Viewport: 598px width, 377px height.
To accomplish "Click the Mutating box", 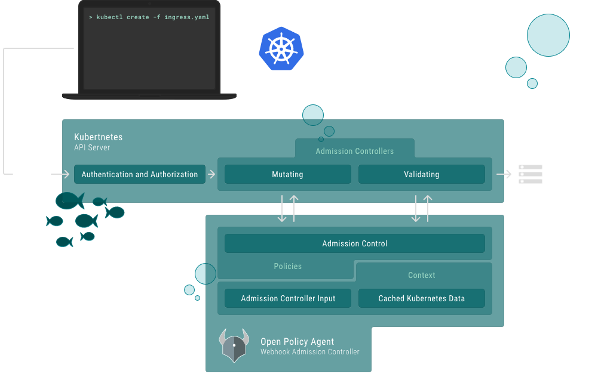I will pyautogui.click(x=287, y=174).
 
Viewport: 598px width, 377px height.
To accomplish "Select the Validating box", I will pyautogui.click(x=421, y=174).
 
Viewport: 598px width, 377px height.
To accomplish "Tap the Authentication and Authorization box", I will pyautogui.click(x=139, y=174).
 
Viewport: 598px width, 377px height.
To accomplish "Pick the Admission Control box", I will pyautogui.click(x=354, y=243).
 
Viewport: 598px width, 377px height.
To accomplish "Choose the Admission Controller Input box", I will pyautogui.click(x=287, y=298).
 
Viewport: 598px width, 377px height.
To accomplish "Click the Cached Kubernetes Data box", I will pyautogui.click(x=421, y=298).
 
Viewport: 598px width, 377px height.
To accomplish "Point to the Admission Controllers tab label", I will pyautogui.click(x=354, y=151).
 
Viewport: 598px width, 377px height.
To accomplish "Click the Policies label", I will pyautogui.click(x=287, y=266).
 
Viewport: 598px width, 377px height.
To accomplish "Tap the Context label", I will pyautogui.click(x=421, y=275).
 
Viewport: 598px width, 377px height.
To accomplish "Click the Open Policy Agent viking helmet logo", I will pyautogui.click(x=234, y=345).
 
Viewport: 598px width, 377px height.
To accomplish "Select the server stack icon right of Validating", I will pyautogui.click(x=530, y=174).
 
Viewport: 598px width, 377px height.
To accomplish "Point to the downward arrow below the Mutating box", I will pyautogui.click(x=282, y=209).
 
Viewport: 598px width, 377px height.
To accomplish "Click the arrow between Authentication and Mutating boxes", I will pyautogui.click(x=211, y=174).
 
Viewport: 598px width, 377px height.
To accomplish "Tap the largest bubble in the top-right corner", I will pyautogui.click(x=548, y=35).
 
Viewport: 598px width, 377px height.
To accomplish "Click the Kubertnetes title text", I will pyautogui.click(x=98, y=137).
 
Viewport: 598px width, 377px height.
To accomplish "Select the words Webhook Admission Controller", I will pyautogui.click(x=309, y=352).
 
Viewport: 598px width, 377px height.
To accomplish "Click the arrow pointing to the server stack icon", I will pyautogui.click(x=504, y=174).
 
